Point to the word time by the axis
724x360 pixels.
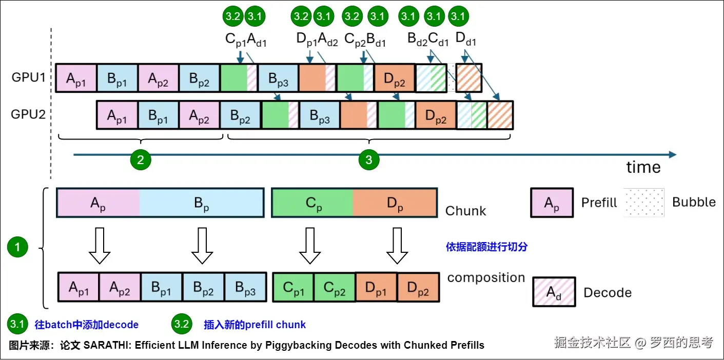point(643,167)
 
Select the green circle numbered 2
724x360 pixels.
point(141,159)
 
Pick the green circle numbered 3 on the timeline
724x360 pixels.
point(368,159)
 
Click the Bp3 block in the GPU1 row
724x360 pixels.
point(278,78)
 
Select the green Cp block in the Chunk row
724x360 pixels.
point(312,203)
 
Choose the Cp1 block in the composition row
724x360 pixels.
point(293,288)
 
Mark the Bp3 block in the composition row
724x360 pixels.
point(245,288)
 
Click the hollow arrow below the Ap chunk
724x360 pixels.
point(99,245)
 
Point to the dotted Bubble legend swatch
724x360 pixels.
point(644,202)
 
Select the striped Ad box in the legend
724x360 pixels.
point(554,292)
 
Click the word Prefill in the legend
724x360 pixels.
point(599,203)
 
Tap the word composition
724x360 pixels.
point(486,278)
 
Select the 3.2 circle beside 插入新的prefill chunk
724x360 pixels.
point(182,324)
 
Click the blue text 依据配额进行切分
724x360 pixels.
point(486,247)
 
